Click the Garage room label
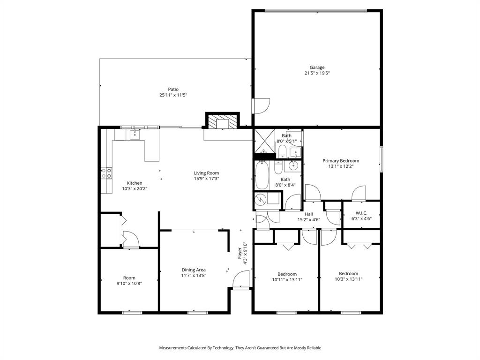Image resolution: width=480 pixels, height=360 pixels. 317,67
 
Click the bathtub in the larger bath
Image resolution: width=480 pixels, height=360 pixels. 262,176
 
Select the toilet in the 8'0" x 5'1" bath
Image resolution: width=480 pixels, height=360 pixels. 282,151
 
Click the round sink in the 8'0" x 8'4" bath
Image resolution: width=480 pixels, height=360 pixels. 294,165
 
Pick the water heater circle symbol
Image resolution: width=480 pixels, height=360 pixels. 260,201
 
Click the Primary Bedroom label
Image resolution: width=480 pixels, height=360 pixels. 341,161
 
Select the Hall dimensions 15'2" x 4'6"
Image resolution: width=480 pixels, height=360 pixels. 309,220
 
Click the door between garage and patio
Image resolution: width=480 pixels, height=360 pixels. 260,105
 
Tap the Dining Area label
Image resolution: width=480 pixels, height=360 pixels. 194,270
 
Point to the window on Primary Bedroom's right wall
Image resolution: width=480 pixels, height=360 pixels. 382,159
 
